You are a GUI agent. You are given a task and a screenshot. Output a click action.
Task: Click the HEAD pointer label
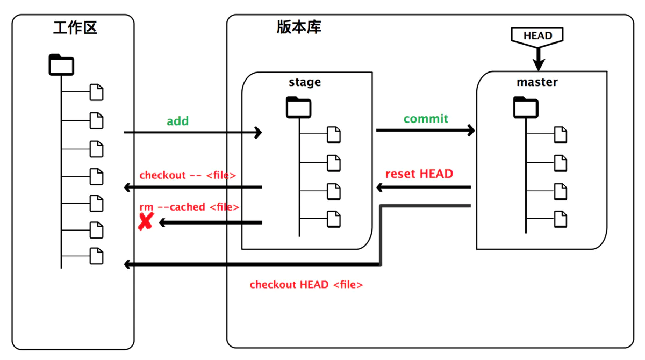pos(537,36)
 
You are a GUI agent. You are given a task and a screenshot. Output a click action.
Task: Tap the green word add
pos(177,121)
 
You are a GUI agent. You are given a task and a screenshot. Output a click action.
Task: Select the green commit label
pos(426,119)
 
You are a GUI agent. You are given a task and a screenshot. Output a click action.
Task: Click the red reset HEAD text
pos(419,174)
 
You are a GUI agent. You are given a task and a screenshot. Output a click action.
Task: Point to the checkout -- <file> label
pos(188,175)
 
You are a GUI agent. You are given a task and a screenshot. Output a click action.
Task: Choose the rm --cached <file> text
pos(189,207)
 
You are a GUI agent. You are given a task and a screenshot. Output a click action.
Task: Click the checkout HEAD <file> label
pos(306,285)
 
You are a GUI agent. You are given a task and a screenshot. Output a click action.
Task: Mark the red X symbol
pos(145,221)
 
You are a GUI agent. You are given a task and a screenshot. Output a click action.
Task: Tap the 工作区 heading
pos(75,28)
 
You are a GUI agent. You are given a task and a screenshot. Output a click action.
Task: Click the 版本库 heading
pos(299,27)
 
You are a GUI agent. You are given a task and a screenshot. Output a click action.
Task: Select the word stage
pos(305,82)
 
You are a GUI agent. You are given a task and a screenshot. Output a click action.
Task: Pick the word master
pos(537,82)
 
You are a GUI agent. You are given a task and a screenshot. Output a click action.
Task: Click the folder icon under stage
pos(298,107)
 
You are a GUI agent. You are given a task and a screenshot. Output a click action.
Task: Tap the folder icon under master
pos(526,106)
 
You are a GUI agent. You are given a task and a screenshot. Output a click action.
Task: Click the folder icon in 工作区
pos(61,64)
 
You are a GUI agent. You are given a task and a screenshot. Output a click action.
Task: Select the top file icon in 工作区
pos(96,92)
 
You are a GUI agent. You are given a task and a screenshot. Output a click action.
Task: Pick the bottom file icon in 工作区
pos(96,256)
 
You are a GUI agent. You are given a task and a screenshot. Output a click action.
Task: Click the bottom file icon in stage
pos(334,219)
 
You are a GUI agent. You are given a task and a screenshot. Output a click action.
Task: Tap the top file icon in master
pos(561,134)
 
